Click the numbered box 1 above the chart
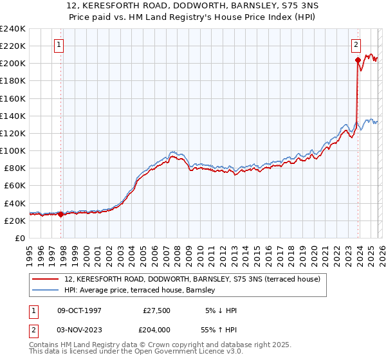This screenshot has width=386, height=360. [59, 45]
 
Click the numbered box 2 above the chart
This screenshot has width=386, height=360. [356, 45]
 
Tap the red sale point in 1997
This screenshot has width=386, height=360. [61, 214]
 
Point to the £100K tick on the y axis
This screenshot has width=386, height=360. [13, 150]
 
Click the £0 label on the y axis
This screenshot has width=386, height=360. [19, 238]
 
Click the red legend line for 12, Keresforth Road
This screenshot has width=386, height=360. [46, 279]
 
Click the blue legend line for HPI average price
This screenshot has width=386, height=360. [46, 290]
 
